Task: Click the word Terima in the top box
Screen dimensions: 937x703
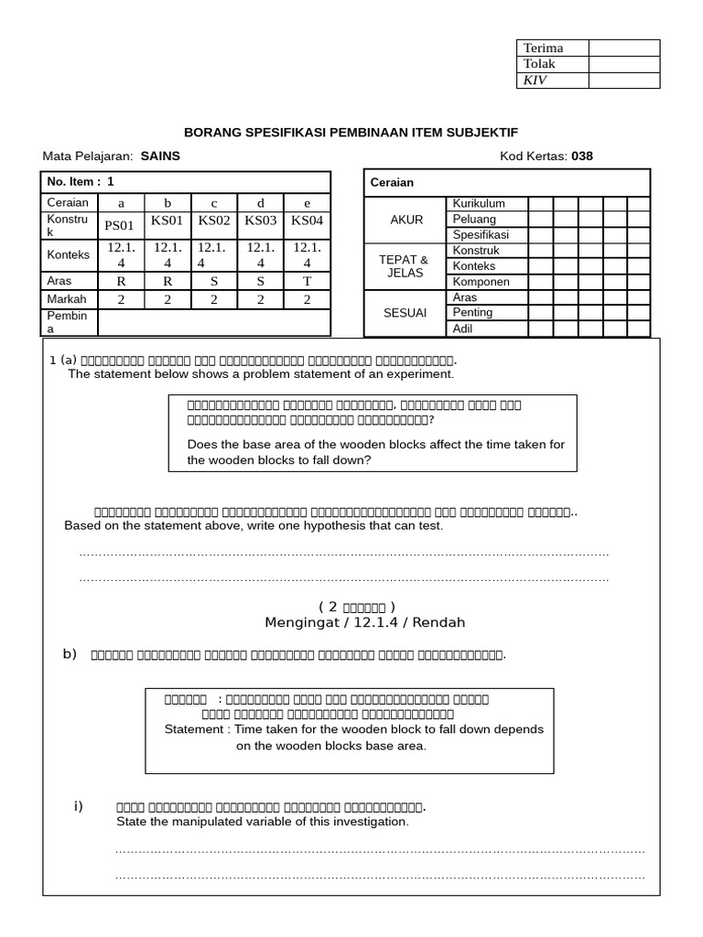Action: click(543, 48)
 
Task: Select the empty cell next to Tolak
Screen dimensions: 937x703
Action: click(624, 64)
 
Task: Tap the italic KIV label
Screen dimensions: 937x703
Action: click(534, 81)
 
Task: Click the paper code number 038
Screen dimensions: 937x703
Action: click(582, 156)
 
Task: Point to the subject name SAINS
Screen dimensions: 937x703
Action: click(160, 156)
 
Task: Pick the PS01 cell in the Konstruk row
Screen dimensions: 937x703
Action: click(120, 224)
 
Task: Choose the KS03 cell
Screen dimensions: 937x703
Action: click(260, 221)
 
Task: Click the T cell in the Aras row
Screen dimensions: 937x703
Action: click(308, 281)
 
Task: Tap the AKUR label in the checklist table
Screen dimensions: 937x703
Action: click(406, 220)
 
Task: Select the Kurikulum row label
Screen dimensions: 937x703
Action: click(479, 204)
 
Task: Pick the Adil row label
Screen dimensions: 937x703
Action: click(464, 328)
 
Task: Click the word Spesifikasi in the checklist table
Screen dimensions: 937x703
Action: click(481, 235)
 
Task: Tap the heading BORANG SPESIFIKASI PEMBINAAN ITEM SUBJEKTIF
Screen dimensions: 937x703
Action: click(357, 133)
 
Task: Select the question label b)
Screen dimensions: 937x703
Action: click(70, 653)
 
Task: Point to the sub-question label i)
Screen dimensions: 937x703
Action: click(79, 805)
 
